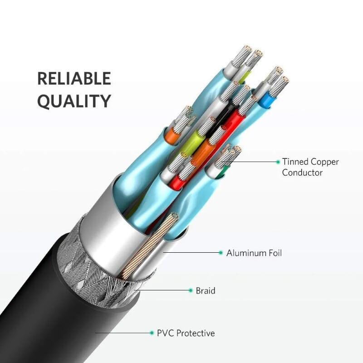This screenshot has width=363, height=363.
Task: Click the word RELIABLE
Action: [x=74, y=78]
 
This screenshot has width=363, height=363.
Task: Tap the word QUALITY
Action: [x=74, y=101]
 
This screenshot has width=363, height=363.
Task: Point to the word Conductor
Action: [x=302, y=172]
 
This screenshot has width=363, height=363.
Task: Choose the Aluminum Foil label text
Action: [x=254, y=253]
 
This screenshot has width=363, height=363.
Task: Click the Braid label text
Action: [x=206, y=290]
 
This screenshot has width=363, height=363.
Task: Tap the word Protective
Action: [x=196, y=334]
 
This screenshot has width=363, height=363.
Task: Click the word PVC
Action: [x=165, y=334]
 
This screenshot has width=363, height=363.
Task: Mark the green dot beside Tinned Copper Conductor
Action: [x=278, y=162]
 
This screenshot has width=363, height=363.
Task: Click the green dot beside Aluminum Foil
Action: [x=221, y=253]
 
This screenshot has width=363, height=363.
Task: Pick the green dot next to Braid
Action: [x=191, y=290]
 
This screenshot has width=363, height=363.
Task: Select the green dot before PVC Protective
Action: [x=152, y=333]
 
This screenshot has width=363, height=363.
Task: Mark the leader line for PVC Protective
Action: [x=123, y=333]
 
